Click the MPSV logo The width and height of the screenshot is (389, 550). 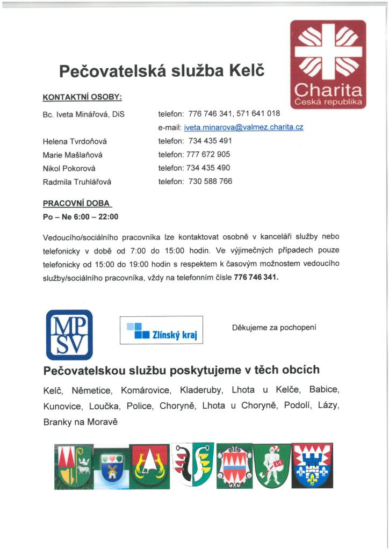[x=69, y=335]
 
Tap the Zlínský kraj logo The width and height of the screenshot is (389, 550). [x=161, y=330]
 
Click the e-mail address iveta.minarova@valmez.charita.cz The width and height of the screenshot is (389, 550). [x=243, y=128]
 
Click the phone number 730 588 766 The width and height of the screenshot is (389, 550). [x=210, y=182]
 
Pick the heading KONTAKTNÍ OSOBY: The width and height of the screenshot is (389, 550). [x=82, y=97]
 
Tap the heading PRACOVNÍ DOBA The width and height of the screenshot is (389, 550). [x=77, y=204]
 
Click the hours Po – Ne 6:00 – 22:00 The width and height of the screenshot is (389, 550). [x=80, y=217]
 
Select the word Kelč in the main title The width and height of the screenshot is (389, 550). [x=247, y=71]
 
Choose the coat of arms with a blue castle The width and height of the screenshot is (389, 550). [x=312, y=463]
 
